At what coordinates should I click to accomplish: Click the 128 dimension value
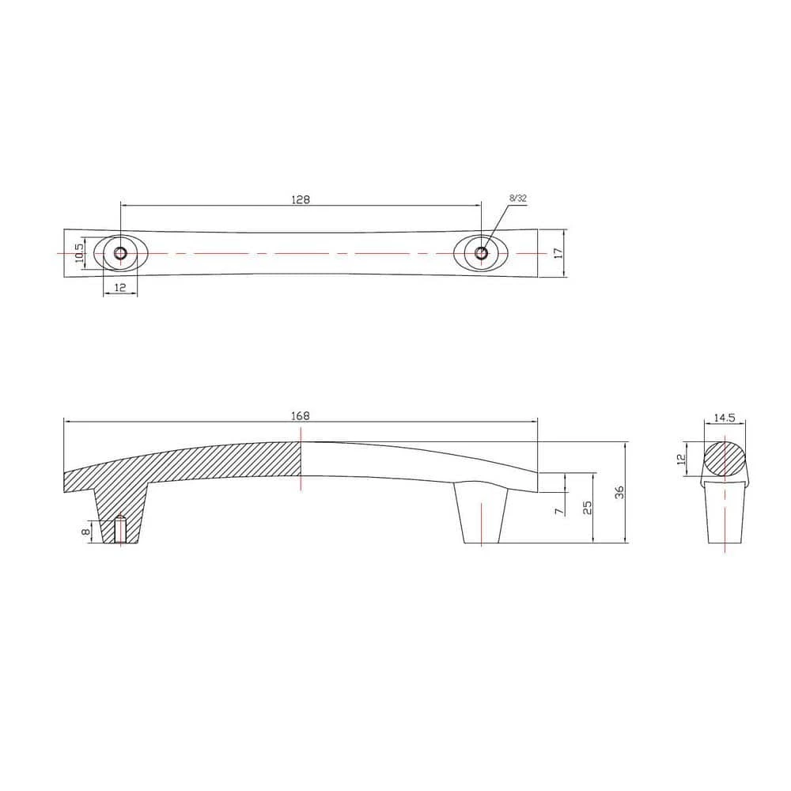pos(301,199)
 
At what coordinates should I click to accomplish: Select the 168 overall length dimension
pos(301,416)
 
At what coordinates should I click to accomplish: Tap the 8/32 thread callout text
pos(518,199)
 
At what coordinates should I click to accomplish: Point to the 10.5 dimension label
pos(78,253)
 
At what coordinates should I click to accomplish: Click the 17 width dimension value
pos(558,253)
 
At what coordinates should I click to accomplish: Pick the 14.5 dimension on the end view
pos(725,418)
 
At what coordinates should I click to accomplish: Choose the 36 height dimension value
pos(620,492)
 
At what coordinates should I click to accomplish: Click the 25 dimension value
pos(587,508)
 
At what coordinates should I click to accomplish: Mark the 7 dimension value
pos(558,511)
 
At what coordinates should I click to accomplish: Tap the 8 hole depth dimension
pos(86,532)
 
